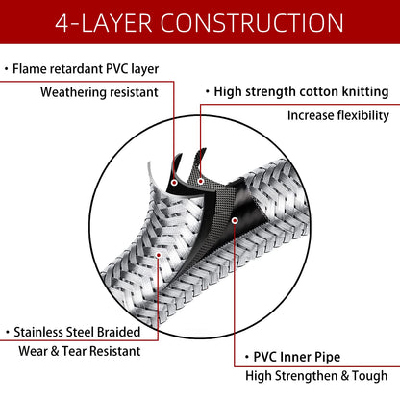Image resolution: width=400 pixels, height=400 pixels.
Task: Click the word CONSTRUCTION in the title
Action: pos(252,23)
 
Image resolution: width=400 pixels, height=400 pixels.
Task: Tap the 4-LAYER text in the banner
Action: pos(104,23)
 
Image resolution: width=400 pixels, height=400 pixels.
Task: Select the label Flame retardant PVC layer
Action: pos(86,69)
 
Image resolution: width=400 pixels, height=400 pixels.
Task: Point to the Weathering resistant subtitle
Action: pos(99,92)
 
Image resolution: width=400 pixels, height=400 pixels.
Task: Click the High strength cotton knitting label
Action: pos(301,92)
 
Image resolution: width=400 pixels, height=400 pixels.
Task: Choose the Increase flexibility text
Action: pos(338,115)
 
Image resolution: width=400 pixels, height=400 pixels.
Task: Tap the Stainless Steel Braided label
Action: pos(77,332)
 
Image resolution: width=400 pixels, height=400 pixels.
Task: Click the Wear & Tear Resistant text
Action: pos(80,351)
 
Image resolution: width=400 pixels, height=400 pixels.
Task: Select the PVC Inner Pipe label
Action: pos(297,357)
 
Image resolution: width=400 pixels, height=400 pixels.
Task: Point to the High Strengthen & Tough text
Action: pos(316,376)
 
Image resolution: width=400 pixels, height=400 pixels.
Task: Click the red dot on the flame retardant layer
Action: pos(174,183)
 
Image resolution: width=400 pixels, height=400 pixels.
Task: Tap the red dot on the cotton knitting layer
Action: pos(201,181)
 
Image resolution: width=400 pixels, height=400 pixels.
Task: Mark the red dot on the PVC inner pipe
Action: pos(235,220)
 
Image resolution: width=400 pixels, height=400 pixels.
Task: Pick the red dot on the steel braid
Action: pos(159,255)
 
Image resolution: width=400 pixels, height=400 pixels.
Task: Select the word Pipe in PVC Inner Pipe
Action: pos(328,358)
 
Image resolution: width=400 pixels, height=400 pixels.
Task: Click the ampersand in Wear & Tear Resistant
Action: pos(55,351)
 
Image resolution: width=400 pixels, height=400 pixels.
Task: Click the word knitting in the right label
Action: pos(365,92)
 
